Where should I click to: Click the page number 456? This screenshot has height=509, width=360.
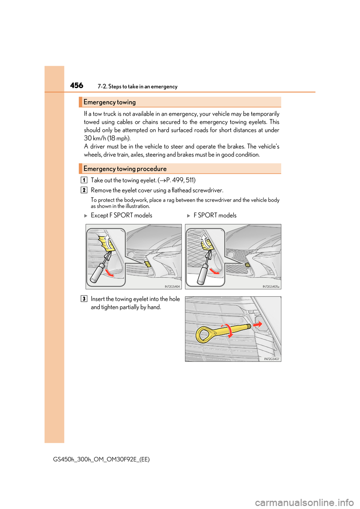(x=76, y=85)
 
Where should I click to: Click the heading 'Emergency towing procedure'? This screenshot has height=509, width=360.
(x=125, y=169)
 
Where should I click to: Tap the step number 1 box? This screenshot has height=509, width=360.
(x=84, y=180)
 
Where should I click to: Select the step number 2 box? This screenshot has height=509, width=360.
(x=84, y=190)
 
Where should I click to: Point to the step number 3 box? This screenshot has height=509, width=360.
(x=84, y=299)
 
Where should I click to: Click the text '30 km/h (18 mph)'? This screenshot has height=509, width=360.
(x=107, y=138)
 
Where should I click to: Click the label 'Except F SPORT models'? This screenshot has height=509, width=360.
(x=121, y=216)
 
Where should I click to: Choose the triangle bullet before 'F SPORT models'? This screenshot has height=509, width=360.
(x=189, y=216)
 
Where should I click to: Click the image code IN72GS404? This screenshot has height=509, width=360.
(x=172, y=286)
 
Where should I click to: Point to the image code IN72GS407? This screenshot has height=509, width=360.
(x=271, y=359)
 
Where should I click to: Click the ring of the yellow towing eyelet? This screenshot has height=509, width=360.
(x=204, y=335)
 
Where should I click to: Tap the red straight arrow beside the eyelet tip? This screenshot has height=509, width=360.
(x=258, y=324)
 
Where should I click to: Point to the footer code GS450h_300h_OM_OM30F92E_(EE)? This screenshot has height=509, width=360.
(x=101, y=460)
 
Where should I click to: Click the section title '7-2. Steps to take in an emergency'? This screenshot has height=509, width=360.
(x=137, y=87)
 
